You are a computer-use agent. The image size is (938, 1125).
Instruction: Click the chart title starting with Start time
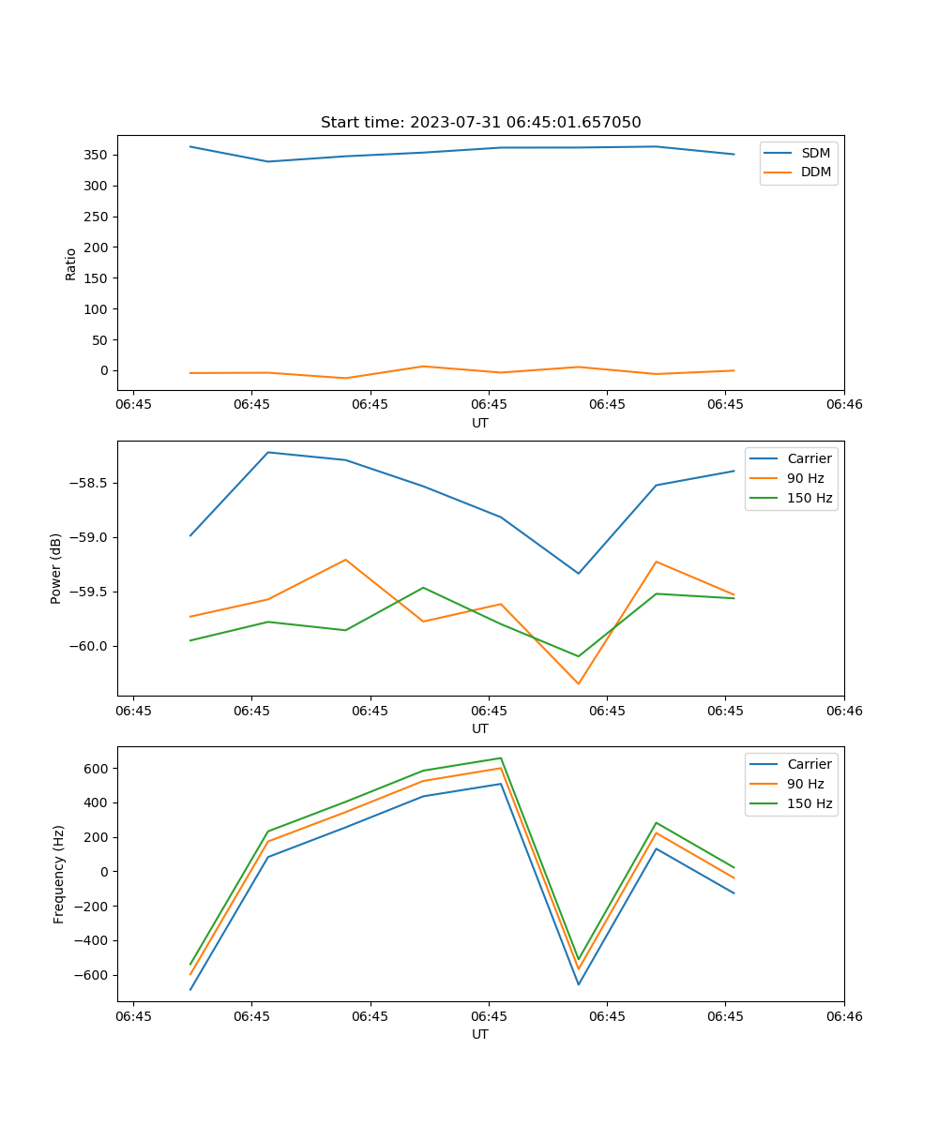[480, 123]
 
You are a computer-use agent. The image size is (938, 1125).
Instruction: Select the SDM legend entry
[815, 152]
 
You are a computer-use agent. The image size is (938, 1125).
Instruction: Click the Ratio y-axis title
[71, 264]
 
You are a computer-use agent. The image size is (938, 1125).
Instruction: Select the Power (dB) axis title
[56, 568]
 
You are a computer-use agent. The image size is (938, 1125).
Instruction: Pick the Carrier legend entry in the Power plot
[809, 458]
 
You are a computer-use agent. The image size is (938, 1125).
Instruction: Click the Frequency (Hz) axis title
[59, 874]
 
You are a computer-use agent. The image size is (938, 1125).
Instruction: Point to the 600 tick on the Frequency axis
[97, 768]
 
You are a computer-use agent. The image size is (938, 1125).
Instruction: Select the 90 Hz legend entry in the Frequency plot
[805, 784]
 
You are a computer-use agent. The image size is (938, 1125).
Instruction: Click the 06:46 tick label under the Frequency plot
[843, 1016]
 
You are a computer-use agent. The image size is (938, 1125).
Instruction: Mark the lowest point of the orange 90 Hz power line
[578, 683]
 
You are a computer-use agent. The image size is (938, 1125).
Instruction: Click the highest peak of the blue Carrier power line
[268, 452]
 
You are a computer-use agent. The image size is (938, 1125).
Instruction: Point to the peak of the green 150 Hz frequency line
[501, 757]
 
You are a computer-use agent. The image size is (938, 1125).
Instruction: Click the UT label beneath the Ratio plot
[480, 423]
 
